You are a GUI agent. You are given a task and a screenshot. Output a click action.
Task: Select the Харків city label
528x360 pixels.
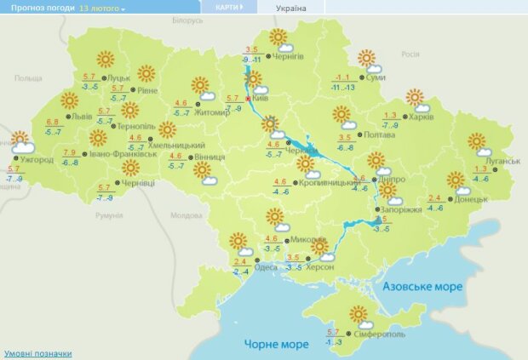423,117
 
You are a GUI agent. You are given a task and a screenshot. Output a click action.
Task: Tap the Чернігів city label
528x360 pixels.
289,55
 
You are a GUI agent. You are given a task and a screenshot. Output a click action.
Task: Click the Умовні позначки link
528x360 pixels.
37,353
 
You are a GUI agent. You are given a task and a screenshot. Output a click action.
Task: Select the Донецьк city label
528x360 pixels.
469,200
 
